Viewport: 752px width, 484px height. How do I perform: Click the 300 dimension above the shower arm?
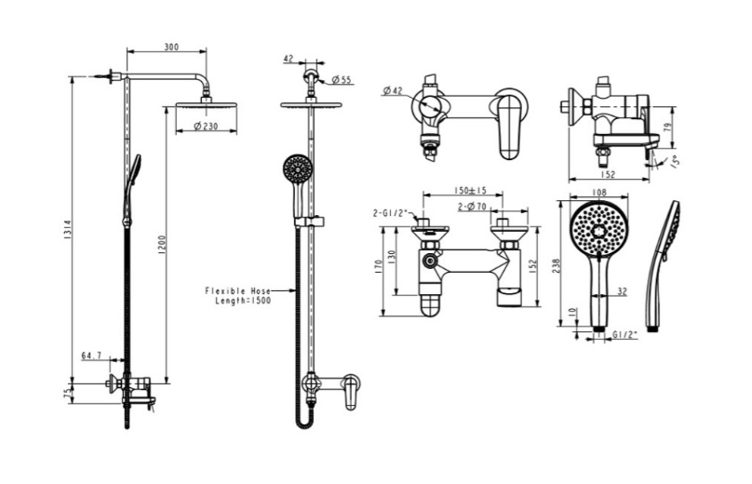tap(170, 47)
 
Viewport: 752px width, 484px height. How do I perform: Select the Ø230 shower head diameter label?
tap(203, 127)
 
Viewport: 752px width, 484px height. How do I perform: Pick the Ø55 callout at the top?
tap(342, 81)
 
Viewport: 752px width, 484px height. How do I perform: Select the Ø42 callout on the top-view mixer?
tap(392, 90)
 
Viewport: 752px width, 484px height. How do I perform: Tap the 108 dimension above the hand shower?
tap(598, 193)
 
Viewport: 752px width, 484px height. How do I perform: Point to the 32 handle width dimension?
tap(621, 291)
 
